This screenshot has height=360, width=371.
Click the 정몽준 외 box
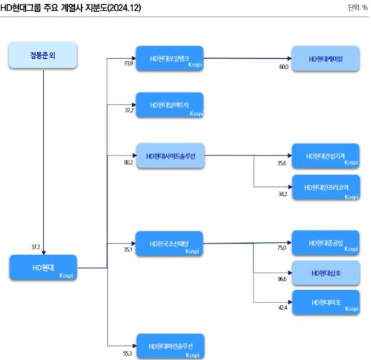(x=43, y=56)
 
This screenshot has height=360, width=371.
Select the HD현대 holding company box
(x=43, y=268)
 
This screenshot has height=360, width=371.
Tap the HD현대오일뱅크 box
(x=169, y=60)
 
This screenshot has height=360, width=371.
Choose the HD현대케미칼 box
(x=325, y=60)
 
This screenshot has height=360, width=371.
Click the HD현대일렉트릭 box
(x=169, y=105)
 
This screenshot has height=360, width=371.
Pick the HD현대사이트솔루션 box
(x=169, y=155)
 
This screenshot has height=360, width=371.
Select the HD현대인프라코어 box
(x=325, y=188)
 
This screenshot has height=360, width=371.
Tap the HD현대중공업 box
(x=325, y=243)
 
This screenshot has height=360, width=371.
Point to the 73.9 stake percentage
(x=128, y=63)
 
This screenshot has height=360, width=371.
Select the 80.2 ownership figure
(x=128, y=162)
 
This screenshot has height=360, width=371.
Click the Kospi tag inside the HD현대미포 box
(x=351, y=309)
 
